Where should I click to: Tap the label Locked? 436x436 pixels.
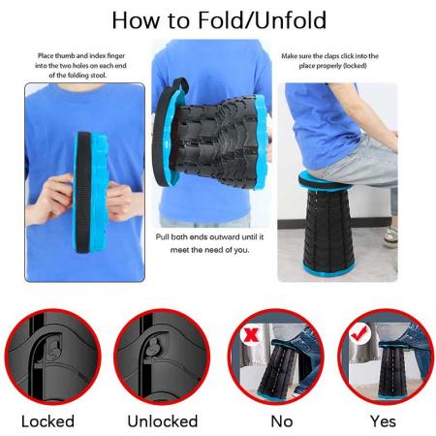[47, 421]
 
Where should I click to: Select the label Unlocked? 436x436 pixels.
[162, 421]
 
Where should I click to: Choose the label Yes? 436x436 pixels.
[383, 421]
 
